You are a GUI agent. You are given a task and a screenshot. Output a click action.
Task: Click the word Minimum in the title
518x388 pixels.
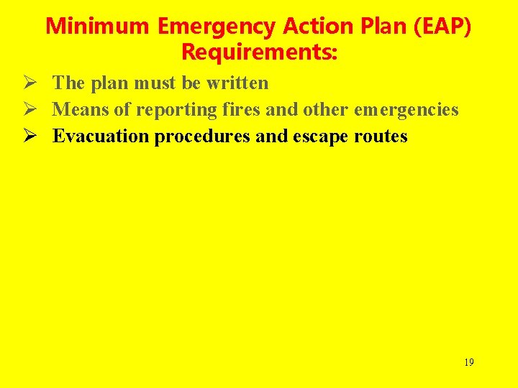(98, 27)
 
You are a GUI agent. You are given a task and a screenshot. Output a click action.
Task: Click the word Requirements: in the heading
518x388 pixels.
(259, 52)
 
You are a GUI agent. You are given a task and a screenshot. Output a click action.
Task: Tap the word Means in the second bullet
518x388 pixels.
(80, 109)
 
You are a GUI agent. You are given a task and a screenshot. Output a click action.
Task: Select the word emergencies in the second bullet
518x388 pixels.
(406, 109)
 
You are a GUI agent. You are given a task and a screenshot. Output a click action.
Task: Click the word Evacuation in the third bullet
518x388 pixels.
(101, 136)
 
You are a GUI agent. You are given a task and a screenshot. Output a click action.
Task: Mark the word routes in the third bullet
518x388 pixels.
(381, 136)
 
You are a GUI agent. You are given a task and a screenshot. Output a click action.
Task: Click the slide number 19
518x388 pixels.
(468, 362)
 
